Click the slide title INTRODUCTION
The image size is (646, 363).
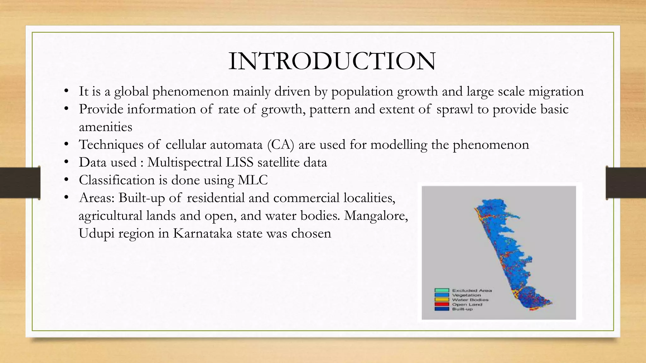pos(332,61)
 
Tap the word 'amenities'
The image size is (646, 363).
pos(105,127)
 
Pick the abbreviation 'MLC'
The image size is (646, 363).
pos(253,180)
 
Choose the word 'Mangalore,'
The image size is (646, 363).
pos(376,216)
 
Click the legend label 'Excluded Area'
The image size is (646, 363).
pos(472,291)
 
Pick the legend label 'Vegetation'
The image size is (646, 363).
pos(466,295)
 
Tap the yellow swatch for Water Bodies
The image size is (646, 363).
pos(442,300)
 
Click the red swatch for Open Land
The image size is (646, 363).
pos(442,304)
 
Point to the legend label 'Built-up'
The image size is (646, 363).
pos(462,309)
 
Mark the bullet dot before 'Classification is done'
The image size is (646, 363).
pos(66,180)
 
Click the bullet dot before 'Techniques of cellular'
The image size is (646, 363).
pos(66,145)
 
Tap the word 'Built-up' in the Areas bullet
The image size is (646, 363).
pos(142,198)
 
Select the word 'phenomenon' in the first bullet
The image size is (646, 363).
pos(191,92)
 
